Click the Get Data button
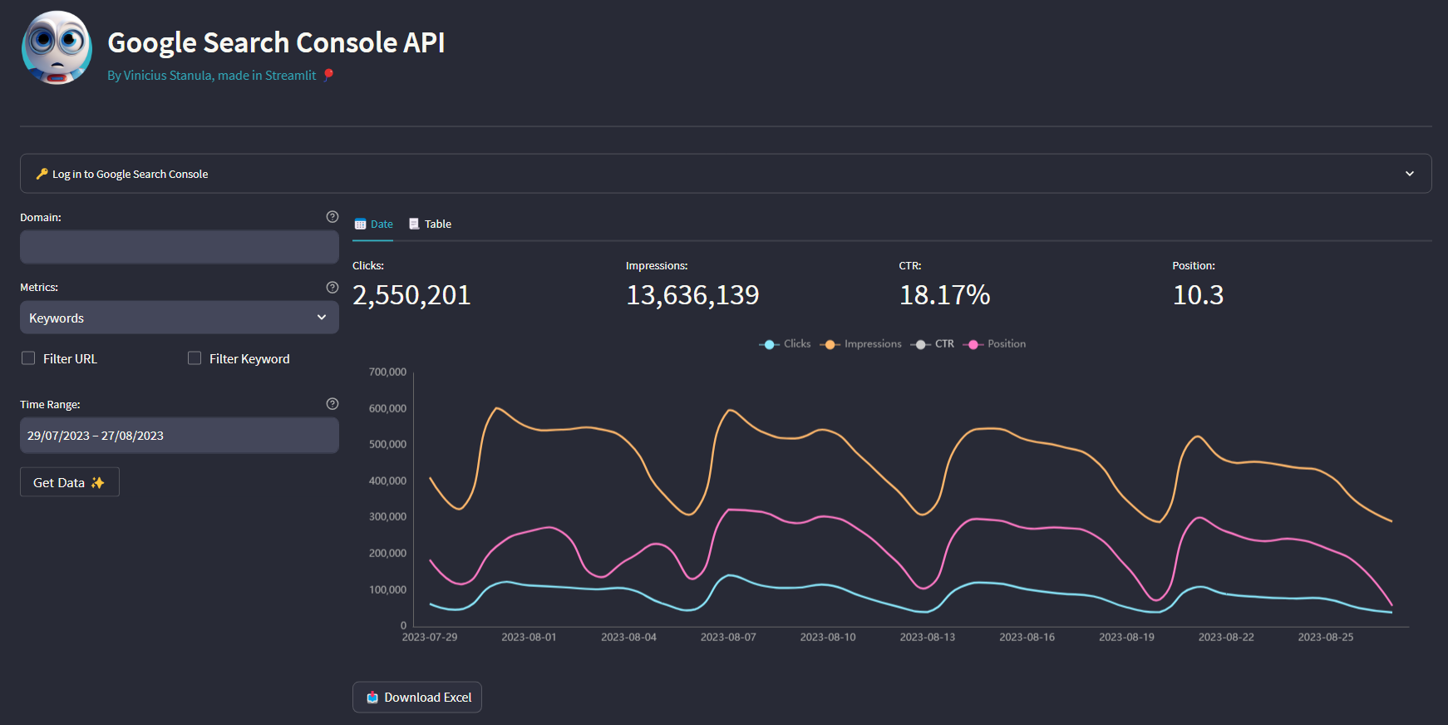click(x=69, y=482)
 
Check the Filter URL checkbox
click(x=28, y=358)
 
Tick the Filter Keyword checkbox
click(x=195, y=358)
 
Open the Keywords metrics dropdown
click(x=179, y=318)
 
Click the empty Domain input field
click(x=179, y=247)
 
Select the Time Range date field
click(x=179, y=436)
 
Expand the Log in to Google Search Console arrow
click(x=1409, y=174)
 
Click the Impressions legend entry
click(x=862, y=344)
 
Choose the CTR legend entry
click(x=933, y=344)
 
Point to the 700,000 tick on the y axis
click(x=387, y=372)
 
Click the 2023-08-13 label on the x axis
click(x=927, y=637)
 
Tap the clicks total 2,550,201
click(x=411, y=295)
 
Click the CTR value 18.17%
click(x=944, y=295)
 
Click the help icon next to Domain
click(x=332, y=217)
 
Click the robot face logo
click(x=57, y=48)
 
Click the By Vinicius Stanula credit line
click(x=211, y=76)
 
